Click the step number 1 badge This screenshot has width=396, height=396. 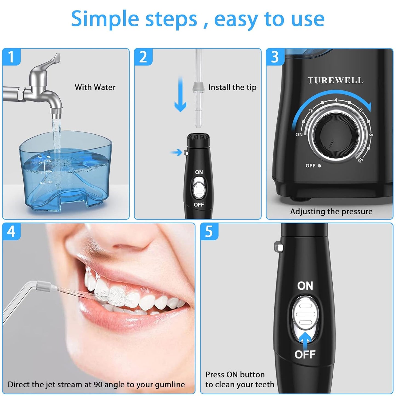tap(11, 57)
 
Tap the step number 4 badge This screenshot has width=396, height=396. tap(11, 232)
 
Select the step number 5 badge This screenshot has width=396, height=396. tap(209, 232)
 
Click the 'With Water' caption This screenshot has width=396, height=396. tap(95, 87)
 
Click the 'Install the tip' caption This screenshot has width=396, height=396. tap(232, 87)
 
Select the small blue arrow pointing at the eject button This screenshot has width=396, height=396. tap(177, 152)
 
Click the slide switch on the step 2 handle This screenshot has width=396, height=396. tap(199, 189)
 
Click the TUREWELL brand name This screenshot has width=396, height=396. tap(335, 80)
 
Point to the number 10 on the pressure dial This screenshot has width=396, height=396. tap(360, 160)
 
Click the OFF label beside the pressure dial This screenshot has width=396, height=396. tap(310, 166)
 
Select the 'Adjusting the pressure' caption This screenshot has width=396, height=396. tap(331, 211)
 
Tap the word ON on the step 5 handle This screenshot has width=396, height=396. tap(305, 286)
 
